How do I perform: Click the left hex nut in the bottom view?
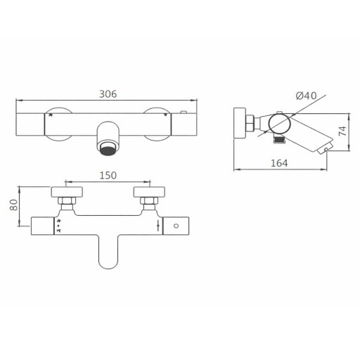68,205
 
